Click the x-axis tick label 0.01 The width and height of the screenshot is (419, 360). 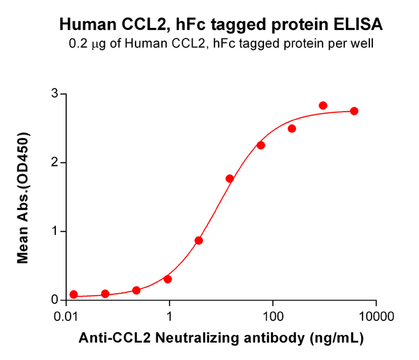66,317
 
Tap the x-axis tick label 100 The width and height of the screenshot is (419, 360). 273,317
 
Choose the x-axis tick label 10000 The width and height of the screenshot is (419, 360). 376,317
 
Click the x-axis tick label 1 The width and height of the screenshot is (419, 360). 170,317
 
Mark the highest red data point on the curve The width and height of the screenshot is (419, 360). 323,105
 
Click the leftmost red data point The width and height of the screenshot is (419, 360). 74,294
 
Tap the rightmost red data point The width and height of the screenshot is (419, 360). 354,111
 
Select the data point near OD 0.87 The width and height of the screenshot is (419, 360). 199,240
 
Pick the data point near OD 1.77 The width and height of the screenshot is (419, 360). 230,179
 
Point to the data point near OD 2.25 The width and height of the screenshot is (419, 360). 261,145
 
